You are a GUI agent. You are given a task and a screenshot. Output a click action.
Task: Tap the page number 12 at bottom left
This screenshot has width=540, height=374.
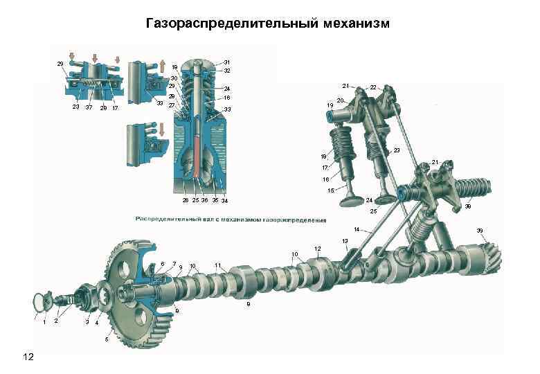[x=28, y=356]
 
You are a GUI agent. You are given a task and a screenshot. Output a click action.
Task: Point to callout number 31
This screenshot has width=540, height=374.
[x=227, y=62]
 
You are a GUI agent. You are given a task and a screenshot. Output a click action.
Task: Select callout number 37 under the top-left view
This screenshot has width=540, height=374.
[x=89, y=108]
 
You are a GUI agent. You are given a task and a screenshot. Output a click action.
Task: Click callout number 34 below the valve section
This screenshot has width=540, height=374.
[x=224, y=201]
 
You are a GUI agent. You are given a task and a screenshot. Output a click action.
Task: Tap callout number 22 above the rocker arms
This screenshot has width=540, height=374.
[x=373, y=88]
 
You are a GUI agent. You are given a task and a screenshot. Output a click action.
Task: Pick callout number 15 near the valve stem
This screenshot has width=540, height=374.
[x=330, y=190]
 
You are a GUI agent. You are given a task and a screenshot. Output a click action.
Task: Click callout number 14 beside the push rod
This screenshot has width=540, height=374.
[x=356, y=229]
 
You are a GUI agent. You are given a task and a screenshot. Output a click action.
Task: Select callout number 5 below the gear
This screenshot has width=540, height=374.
[x=107, y=339]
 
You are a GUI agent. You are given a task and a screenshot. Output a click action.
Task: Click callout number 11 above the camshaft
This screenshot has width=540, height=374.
[x=218, y=265]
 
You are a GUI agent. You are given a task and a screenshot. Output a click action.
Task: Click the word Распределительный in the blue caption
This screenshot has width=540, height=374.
[x=174, y=220]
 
